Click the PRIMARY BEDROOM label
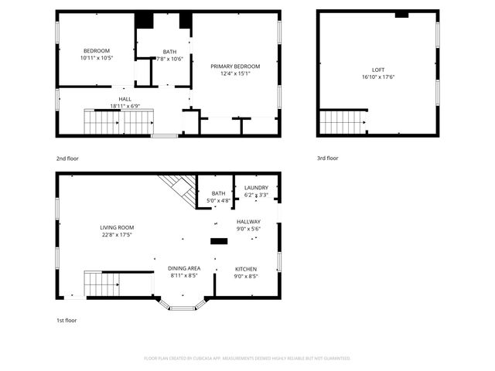coord(235,66)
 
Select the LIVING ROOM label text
coord(117,228)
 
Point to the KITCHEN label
coord(246,269)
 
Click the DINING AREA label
coord(184,268)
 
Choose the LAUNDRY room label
coord(256,188)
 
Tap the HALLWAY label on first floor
coord(248,222)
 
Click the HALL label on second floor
coord(125,99)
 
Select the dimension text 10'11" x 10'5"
coord(97,58)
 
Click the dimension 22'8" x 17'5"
coord(117,235)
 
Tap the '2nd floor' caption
coord(67,158)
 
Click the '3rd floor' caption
coord(327,158)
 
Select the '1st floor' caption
coord(67,320)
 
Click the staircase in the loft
coord(343,122)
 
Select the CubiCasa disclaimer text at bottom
coord(247,359)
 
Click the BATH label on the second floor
coord(169,52)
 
